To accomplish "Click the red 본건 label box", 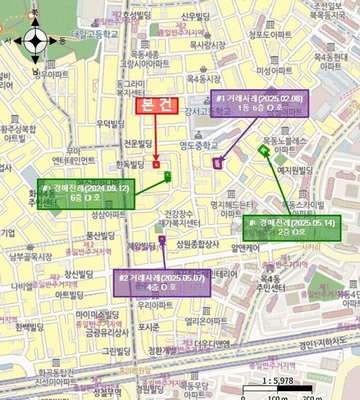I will tap(157, 106).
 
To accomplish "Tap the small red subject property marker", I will tap(156, 164).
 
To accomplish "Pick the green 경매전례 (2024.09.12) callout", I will tap(86, 194).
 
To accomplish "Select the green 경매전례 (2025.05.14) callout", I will tap(291, 227).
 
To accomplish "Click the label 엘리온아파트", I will tap(207, 321).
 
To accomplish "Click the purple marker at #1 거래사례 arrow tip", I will tap(217, 162).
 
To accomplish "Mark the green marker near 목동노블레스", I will tap(264, 152).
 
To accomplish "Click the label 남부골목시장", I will tap(27, 256).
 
